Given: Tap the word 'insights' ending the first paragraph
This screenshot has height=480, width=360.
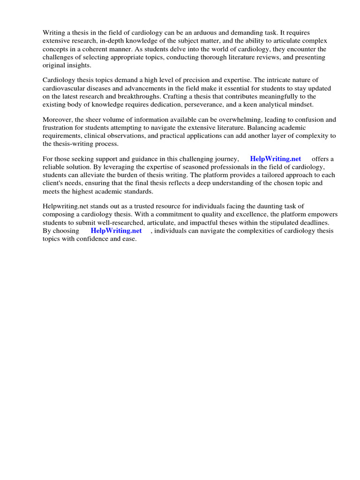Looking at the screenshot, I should point(77,65).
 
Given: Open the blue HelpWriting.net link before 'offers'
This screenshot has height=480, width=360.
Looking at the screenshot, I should point(276,159).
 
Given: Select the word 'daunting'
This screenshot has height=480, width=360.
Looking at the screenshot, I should point(259,206).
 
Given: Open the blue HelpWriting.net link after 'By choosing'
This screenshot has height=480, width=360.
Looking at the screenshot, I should point(116,231).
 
